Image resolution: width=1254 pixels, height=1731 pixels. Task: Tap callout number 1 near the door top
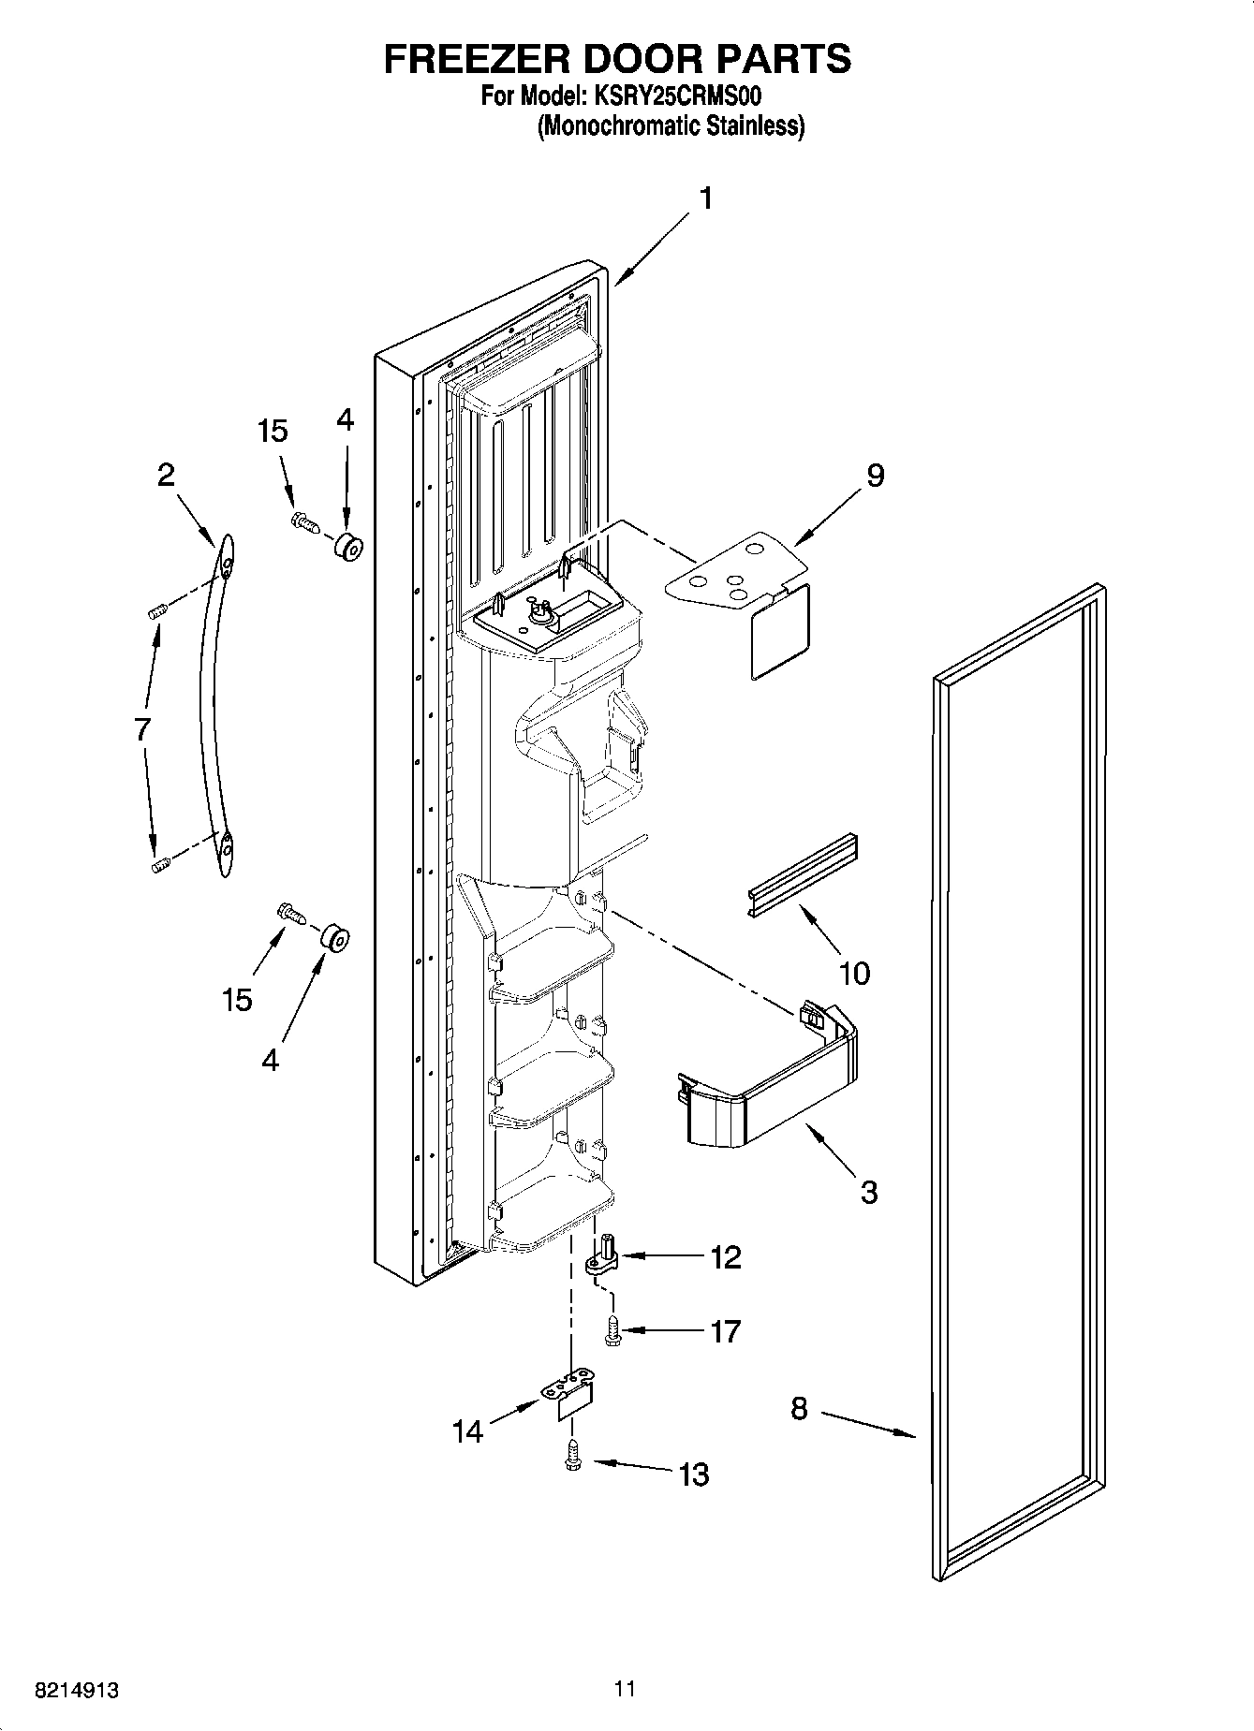[x=706, y=198]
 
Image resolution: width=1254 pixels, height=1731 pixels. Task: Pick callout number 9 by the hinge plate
[x=873, y=476]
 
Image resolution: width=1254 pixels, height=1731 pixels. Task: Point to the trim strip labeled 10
[x=804, y=875]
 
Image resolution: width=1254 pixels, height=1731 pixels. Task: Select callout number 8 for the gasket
[x=798, y=1409]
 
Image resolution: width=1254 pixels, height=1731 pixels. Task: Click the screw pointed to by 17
[x=613, y=1330]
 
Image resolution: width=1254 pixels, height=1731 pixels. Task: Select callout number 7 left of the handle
[x=142, y=728]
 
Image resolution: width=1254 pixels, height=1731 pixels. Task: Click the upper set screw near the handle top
[x=156, y=611]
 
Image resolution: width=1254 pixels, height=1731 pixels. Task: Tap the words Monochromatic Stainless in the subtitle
[x=671, y=126]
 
